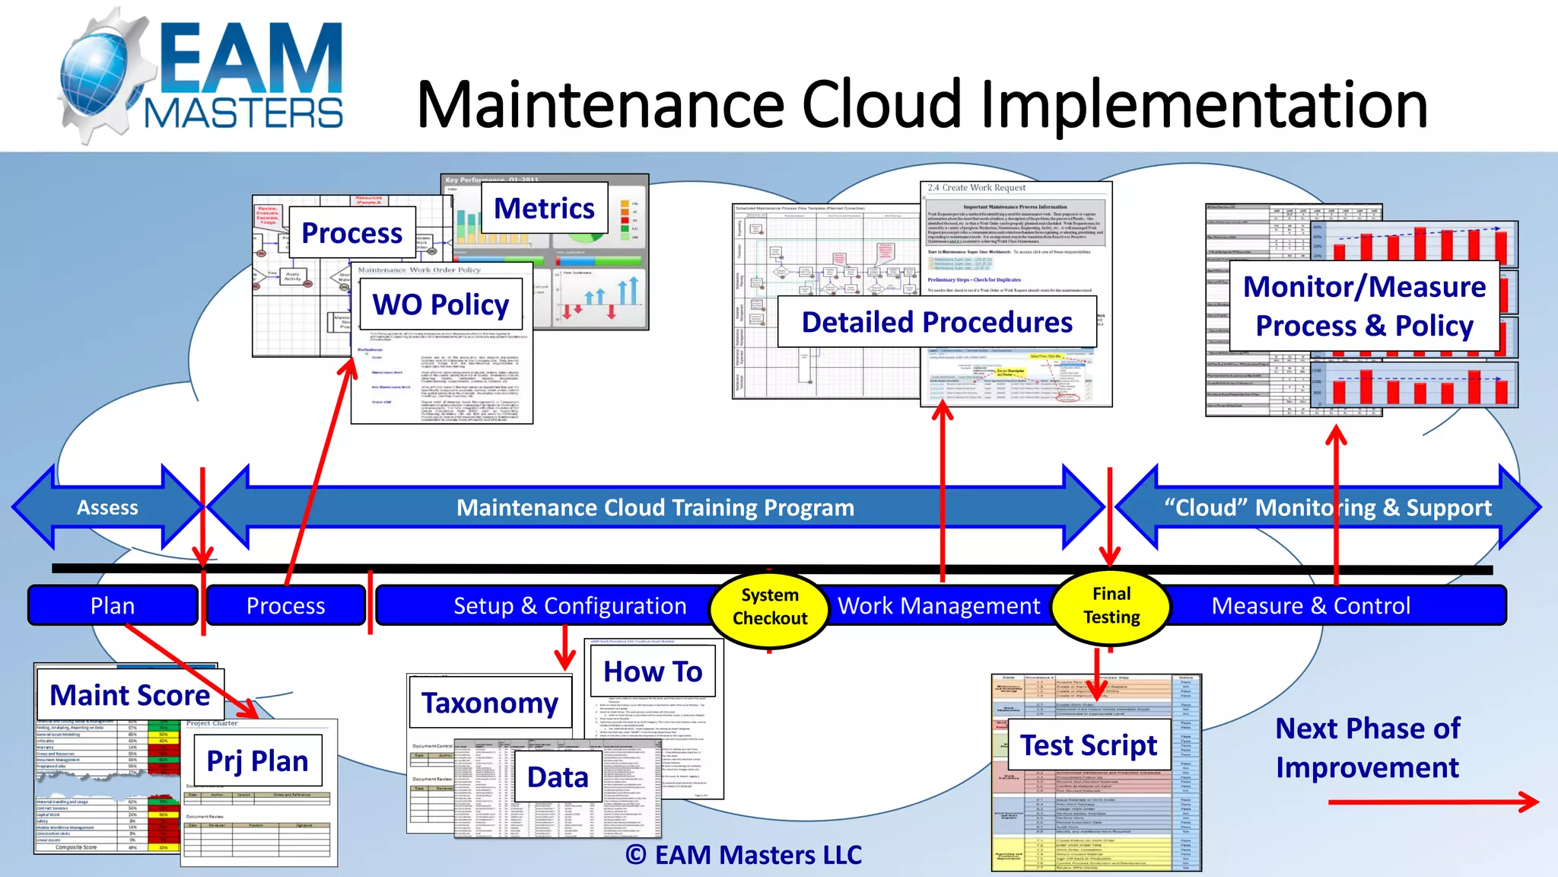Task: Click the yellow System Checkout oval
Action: pyautogui.click(x=769, y=607)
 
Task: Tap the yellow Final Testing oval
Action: pyautogui.click(x=1111, y=606)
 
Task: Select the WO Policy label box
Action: pyautogui.click(x=440, y=305)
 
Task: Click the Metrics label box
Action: pyautogui.click(x=544, y=209)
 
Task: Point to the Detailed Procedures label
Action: pyautogui.click(x=936, y=322)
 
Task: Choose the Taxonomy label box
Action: pyautogui.click(x=490, y=703)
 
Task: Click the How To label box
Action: pyautogui.click(x=653, y=671)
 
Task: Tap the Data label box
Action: pyautogui.click(x=558, y=777)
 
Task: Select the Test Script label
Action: pyautogui.click(x=1088, y=745)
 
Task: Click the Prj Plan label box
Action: pyautogui.click(x=257, y=761)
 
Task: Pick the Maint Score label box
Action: pyautogui.click(x=130, y=695)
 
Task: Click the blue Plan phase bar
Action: pyautogui.click(x=113, y=606)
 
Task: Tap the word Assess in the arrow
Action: pyautogui.click(x=107, y=508)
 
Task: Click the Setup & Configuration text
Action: pyautogui.click(x=570, y=606)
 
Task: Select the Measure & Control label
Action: pyautogui.click(x=1310, y=606)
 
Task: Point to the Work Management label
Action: pyautogui.click(x=938, y=606)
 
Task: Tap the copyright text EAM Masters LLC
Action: pyautogui.click(x=744, y=855)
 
